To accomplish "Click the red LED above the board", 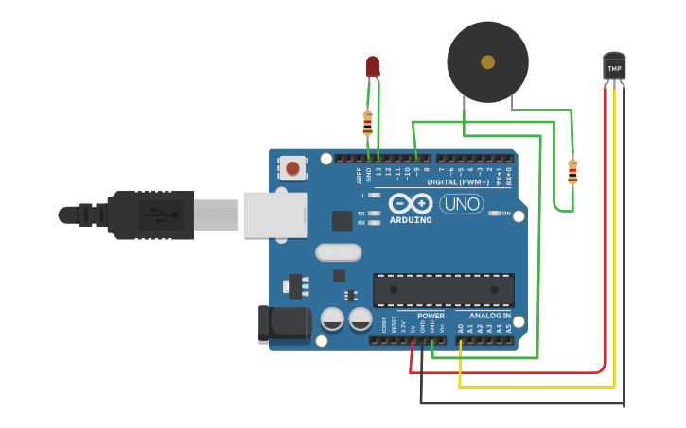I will (373, 66).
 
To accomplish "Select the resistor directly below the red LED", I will (368, 122).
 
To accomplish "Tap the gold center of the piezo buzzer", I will (487, 62).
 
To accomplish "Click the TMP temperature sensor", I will (614, 67).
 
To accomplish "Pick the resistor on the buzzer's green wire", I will (572, 172).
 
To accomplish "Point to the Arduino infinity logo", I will (410, 203).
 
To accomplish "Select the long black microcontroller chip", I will (444, 290).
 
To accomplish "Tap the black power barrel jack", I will (285, 323).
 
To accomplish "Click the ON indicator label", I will (506, 214).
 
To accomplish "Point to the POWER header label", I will (431, 316).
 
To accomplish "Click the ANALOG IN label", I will (489, 316).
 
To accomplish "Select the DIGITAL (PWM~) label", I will (459, 181).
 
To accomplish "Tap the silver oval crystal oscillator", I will (338, 252).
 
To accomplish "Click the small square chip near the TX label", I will (343, 221).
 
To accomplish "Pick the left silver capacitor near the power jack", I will (332, 319).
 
